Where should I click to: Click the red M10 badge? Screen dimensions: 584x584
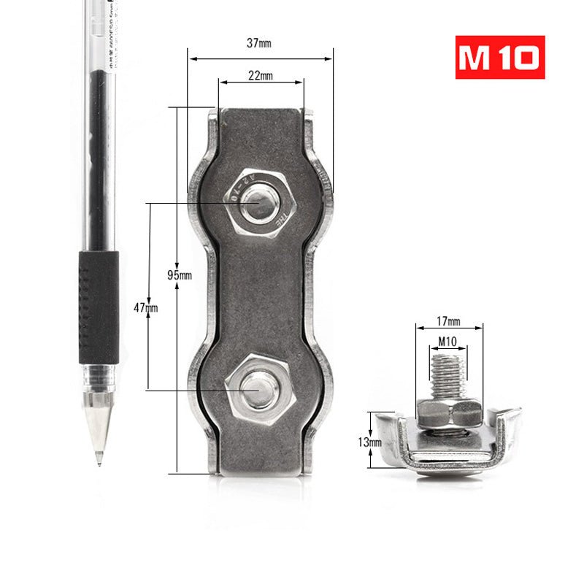coord(500,58)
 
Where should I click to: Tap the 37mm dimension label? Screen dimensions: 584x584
coord(259,43)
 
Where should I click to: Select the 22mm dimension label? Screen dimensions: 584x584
coord(261,76)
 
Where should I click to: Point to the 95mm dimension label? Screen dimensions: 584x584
coord(180,275)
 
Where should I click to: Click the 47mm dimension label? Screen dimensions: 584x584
coord(145,308)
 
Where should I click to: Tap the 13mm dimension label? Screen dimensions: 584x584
coord(370,442)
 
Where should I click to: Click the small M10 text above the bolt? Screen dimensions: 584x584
coord(448,341)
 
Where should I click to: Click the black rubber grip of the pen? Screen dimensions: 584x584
coord(99,307)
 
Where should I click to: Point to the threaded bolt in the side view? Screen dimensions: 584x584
coord(447,374)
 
